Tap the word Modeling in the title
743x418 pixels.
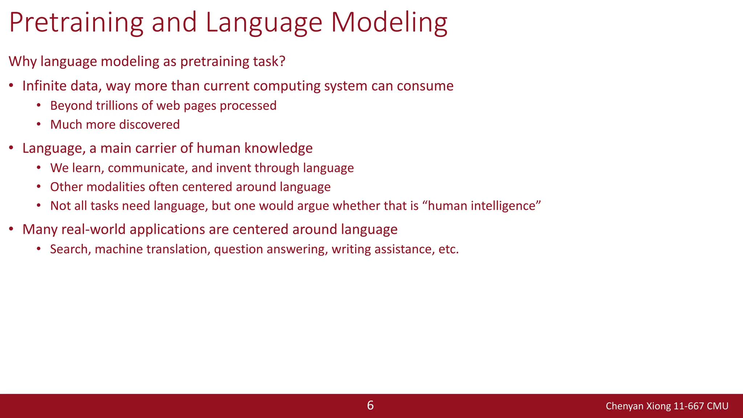point(389,22)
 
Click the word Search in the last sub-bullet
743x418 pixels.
point(70,249)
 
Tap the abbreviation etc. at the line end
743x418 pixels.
point(448,249)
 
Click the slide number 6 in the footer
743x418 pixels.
point(370,405)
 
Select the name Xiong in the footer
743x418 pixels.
point(659,406)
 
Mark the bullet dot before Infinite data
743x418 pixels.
point(12,86)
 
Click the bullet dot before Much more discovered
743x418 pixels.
point(39,124)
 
